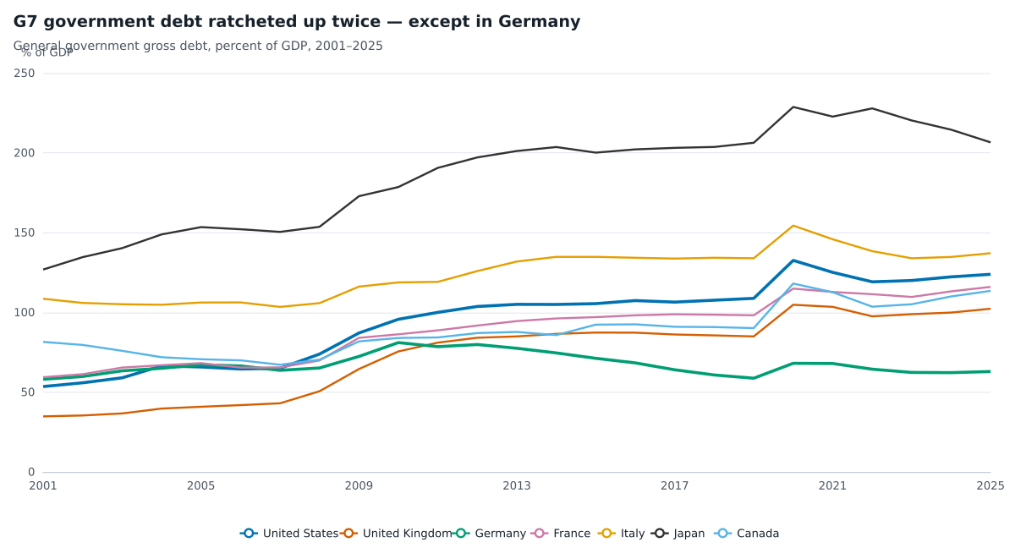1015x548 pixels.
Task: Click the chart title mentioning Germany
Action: [297, 22]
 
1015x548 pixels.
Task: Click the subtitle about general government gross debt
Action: [198, 46]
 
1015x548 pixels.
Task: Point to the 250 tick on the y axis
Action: [24, 74]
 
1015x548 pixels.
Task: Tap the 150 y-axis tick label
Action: [24, 233]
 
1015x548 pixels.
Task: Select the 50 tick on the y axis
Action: [28, 392]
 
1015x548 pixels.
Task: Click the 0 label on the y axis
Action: [31, 473]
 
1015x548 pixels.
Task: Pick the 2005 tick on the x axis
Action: [200, 486]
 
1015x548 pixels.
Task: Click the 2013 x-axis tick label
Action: [517, 486]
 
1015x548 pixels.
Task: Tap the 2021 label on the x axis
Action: [832, 486]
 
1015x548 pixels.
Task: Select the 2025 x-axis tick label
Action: [990, 486]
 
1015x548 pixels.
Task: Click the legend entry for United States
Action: [289, 534]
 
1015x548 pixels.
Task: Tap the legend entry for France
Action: [561, 534]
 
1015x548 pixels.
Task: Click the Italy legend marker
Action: [606, 534]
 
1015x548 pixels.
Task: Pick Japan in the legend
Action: [678, 534]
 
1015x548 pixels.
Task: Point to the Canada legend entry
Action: [747, 534]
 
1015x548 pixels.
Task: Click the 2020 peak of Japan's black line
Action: [793, 107]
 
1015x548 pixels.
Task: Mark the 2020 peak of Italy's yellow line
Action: [793, 226]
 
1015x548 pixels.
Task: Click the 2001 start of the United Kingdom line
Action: [43, 416]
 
